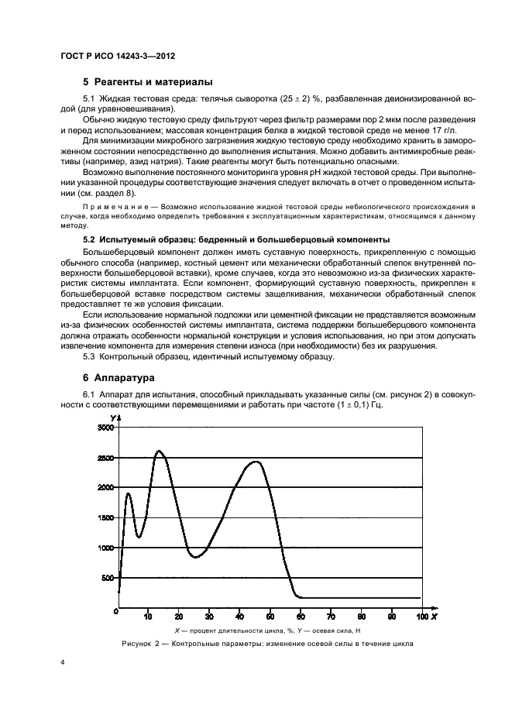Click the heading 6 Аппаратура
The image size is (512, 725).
point(118,377)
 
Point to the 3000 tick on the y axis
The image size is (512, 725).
point(103,428)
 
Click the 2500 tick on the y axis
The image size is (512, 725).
point(103,458)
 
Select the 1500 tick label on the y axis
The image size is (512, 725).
point(103,518)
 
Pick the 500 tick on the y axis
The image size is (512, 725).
point(106,579)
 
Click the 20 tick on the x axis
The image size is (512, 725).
point(178,617)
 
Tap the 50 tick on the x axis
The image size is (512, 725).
point(270,617)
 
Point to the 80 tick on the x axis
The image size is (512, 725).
point(361,617)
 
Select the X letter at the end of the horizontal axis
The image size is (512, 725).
point(434,617)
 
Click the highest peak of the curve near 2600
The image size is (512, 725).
point(160,451)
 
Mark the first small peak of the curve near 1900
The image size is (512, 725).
point(128,493)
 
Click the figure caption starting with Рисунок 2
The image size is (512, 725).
point(267,644)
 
